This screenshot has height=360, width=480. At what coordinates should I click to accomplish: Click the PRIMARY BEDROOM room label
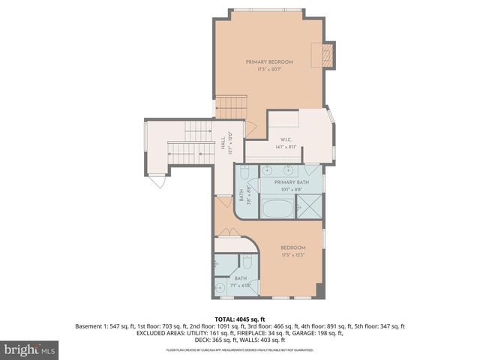(x=269, y=61)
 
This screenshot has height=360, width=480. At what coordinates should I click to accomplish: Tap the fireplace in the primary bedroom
(x=326, y=54)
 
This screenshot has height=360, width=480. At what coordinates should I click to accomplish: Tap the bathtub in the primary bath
(x=277, y=208)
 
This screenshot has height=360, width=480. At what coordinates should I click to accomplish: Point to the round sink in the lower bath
(x=220, y=288)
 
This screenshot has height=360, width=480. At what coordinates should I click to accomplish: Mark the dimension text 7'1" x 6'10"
(x=240, y=286)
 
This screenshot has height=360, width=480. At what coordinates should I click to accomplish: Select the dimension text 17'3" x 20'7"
(x=269, y=69)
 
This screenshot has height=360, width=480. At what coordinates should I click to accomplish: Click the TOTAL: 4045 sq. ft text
(x=240, y=319)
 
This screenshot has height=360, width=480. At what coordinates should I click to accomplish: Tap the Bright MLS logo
(x=30, y=349)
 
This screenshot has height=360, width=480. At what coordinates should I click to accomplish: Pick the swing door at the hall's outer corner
(x=158, y=181)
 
